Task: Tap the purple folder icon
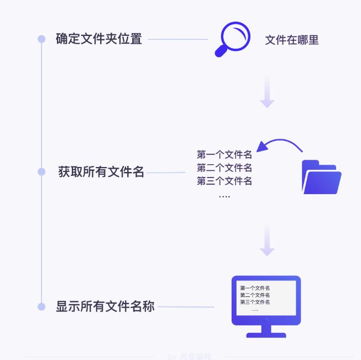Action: click(321, 178)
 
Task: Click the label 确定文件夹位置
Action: click(99, 39)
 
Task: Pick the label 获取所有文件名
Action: click(101, 172)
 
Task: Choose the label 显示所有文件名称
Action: click(105, 306)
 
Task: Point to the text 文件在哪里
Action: click(292, 40)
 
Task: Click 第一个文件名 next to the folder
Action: click(224, 155)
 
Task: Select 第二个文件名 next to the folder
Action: click(224, 168)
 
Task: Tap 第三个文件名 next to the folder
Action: click(224, 181)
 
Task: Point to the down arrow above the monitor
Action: click(267, 241)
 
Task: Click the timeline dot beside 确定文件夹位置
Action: click(41, 39)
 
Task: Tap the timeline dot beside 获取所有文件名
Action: click(41, 172)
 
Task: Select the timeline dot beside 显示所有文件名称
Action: click(41, 306)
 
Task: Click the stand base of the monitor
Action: click(266, 335)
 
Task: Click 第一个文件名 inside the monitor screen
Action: click(255, 288)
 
